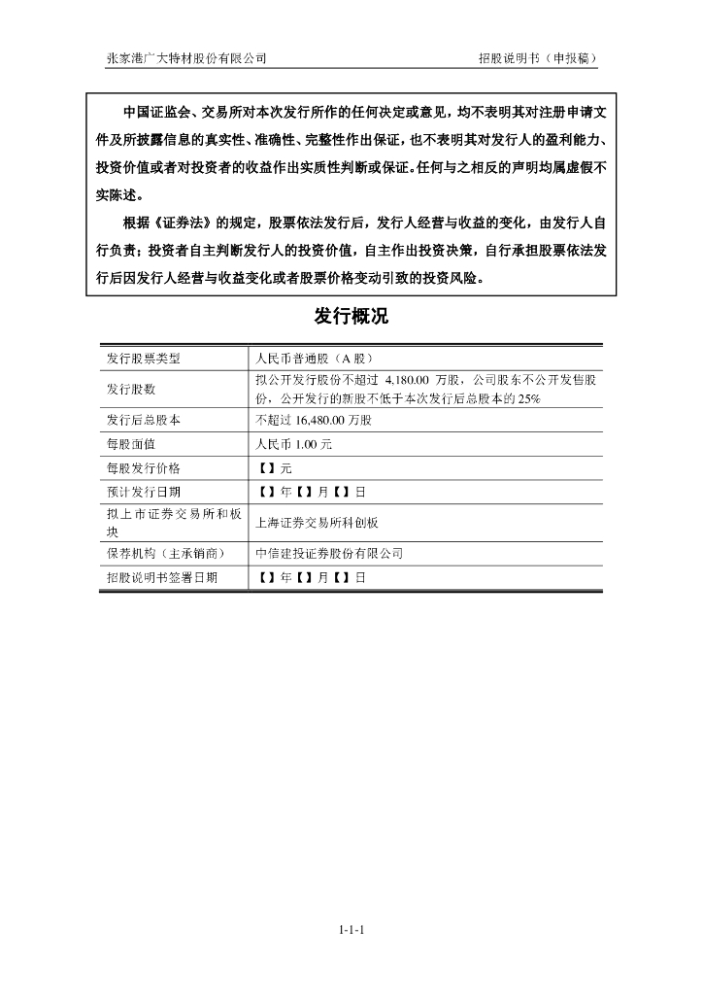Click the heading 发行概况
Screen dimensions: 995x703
pyautogui.click(x=351, y=316)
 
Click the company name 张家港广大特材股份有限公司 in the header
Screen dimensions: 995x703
pyautogui.click(x=186, y=58)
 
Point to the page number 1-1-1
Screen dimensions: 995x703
pyautogui.click(x=351, y=930)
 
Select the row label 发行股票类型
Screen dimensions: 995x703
pyautogui.click(x=144, y=358)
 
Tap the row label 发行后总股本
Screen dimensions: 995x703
pyautogui.click(x=144, y=421)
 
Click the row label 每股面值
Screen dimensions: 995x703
pyautogui.click(x=130, y=444)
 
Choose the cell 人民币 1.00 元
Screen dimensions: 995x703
pyautogui.click(x=293, y=444)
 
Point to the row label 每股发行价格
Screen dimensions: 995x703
pyautogui.click(x=144, y=468)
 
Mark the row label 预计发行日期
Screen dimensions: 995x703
pyautogui.click(x=144, y=492)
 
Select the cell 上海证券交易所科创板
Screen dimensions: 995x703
pyautogui.click(x=317, y=522)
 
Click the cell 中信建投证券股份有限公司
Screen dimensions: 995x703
pyautogui.click(x=328, y=553)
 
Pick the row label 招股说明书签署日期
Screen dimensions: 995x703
pyautogui.click(x=162, y=577)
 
